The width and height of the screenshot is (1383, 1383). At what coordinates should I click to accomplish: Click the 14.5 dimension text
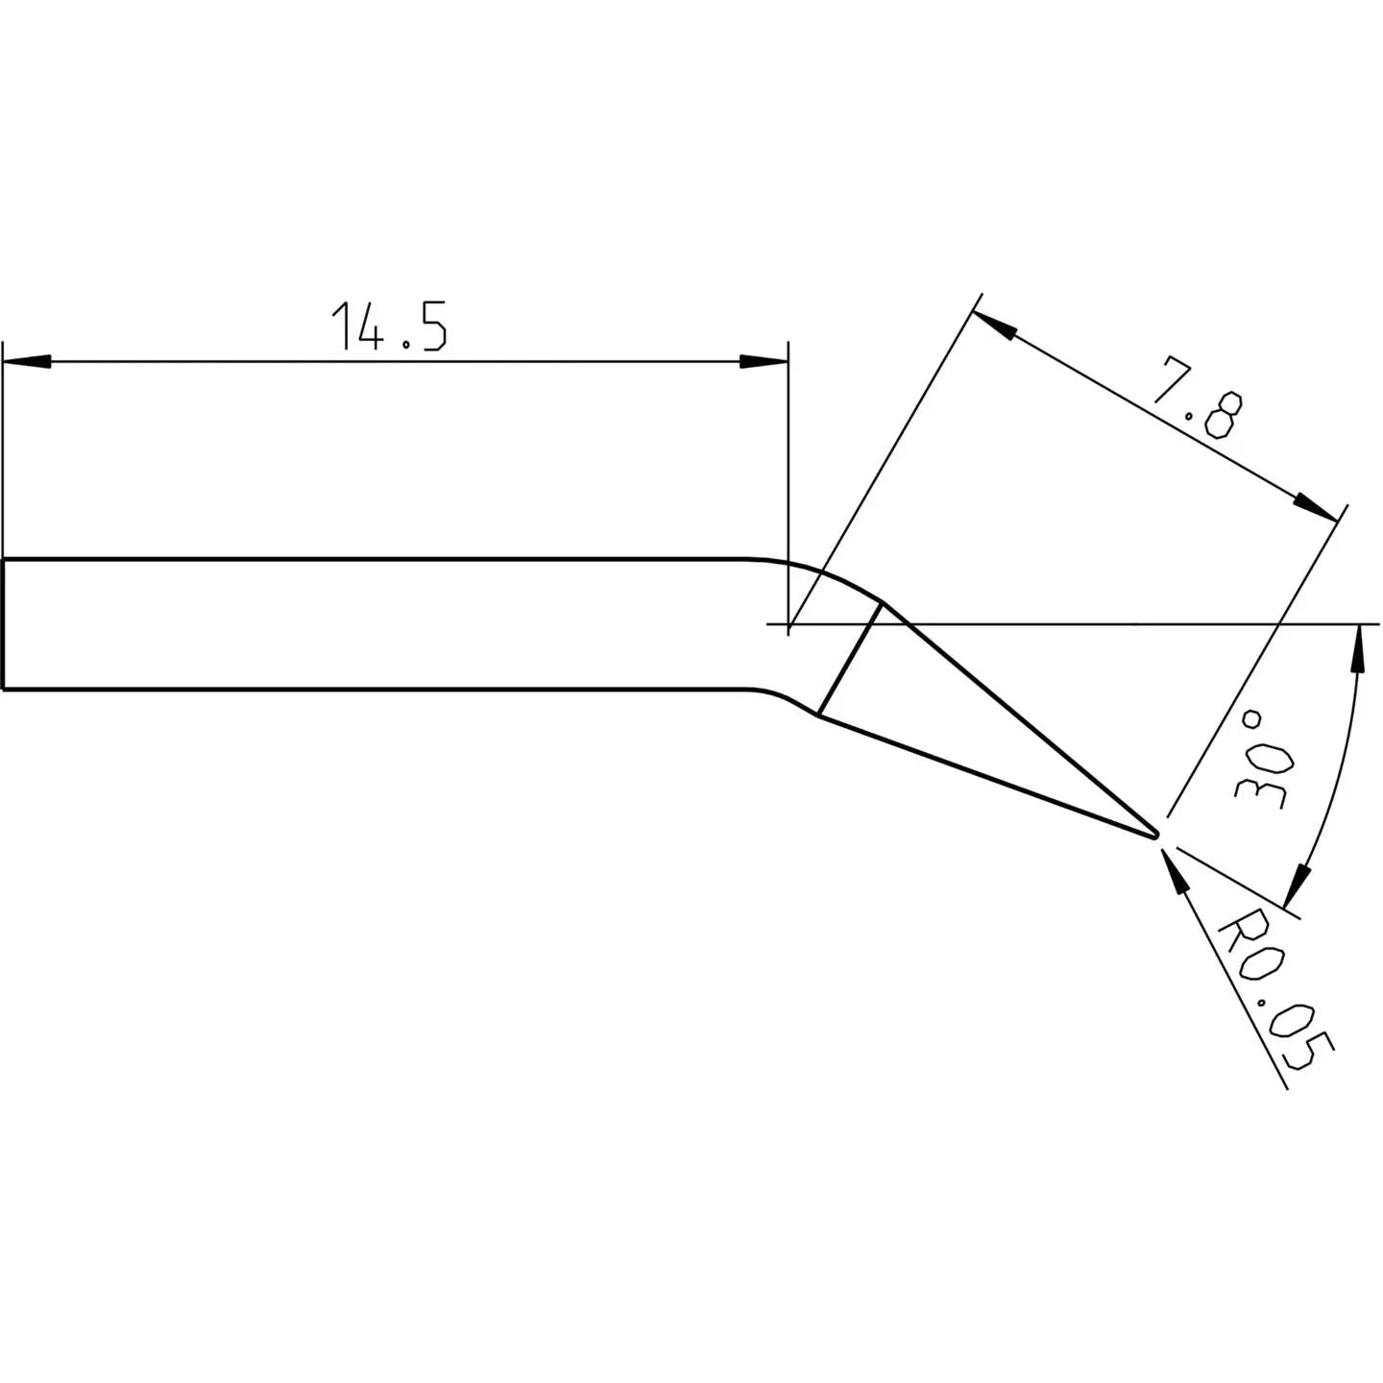[388, 326]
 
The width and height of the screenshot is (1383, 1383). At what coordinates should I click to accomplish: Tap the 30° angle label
[1262, 760]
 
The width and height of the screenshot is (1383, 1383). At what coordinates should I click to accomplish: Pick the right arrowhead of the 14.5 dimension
[764, 362]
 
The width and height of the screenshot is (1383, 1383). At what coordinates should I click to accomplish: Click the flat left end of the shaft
[4, 624]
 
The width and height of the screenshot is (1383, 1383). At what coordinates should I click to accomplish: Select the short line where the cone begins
[849, 659]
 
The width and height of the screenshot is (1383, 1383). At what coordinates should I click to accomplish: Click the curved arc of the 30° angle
[1340, 768]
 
